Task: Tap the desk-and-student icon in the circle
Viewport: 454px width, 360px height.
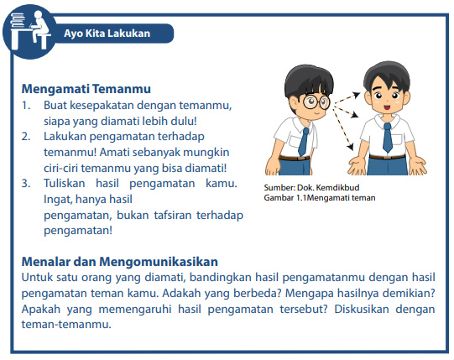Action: (26, 29)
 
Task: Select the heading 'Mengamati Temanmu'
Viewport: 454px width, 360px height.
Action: (86, 88)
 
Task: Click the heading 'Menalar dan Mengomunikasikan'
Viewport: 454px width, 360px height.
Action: (119, 261)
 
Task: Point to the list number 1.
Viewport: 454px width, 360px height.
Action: (27, 105)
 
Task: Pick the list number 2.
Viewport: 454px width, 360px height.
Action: (27, 136)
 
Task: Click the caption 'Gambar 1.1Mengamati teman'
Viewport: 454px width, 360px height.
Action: (319, 198)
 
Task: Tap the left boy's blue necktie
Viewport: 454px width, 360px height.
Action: (301, 139)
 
